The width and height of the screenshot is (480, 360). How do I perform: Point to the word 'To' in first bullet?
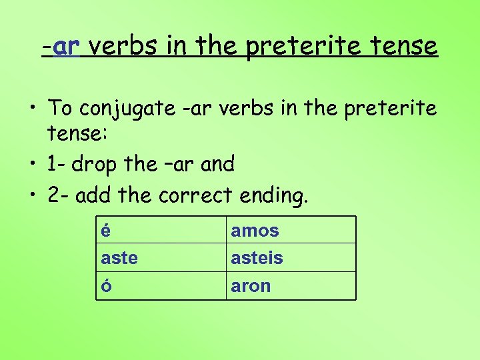click(61, 107)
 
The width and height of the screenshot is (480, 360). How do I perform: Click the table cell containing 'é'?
click(161, 230)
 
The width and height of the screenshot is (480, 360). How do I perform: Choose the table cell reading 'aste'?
click(161, 257)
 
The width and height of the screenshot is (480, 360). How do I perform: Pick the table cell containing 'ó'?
click(161, 285)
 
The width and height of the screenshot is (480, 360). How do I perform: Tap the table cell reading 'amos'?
click(291, 230)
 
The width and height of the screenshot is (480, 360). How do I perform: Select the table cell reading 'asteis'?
click(291, 257)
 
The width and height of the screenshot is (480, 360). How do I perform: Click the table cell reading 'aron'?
click(291, 285)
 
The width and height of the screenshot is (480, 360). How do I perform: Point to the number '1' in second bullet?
click(52, 163)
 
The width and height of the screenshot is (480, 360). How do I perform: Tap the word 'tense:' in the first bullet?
click(75, 135)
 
